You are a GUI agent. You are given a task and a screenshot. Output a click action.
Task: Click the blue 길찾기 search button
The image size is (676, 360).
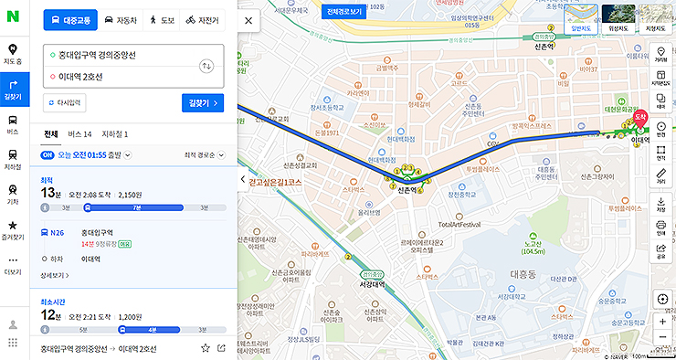click(203, 102)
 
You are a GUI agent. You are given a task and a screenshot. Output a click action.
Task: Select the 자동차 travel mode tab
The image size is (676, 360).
click(121, 19)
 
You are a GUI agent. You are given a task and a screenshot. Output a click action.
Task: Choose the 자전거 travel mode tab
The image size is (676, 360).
click(202, 19)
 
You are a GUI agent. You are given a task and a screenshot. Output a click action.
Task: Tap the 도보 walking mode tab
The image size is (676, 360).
click(162, 19)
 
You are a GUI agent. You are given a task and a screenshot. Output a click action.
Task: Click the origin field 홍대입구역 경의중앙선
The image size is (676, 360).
click(110, 56)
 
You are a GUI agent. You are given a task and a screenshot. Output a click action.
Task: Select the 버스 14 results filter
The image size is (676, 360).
click(80, 134)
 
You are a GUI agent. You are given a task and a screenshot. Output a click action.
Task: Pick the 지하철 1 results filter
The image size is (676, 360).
click(115, 134)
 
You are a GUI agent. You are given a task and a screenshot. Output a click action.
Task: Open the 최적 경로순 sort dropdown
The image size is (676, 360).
click(204, 155)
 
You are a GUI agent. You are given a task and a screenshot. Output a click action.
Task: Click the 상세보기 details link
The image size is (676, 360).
click(55, 275)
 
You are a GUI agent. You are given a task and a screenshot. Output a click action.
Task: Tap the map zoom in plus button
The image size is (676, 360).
click(662, 322)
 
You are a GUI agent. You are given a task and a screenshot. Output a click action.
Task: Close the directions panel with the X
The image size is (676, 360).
click(248, 19)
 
